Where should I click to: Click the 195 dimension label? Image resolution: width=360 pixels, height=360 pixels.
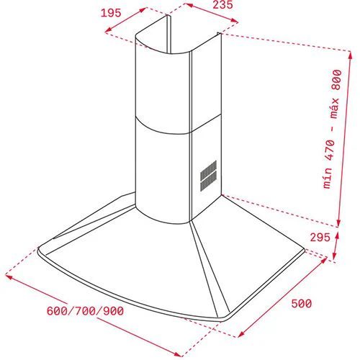tap(111, 13)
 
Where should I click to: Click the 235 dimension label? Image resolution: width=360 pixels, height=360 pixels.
tap(222, 4)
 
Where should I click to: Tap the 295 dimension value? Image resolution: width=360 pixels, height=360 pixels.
tap(320, 238)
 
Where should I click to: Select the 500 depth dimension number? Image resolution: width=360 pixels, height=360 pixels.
tap(302, 304)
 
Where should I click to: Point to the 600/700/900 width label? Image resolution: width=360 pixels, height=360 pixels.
tap(85, 311)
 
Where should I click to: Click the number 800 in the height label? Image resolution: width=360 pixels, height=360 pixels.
tap(336, 80)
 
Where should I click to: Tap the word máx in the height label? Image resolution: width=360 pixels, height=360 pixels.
tap(334, 108)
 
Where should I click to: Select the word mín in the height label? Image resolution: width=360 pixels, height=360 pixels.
tap(328, 179)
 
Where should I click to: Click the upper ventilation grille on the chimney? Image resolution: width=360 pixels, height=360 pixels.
tap(208, 169)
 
